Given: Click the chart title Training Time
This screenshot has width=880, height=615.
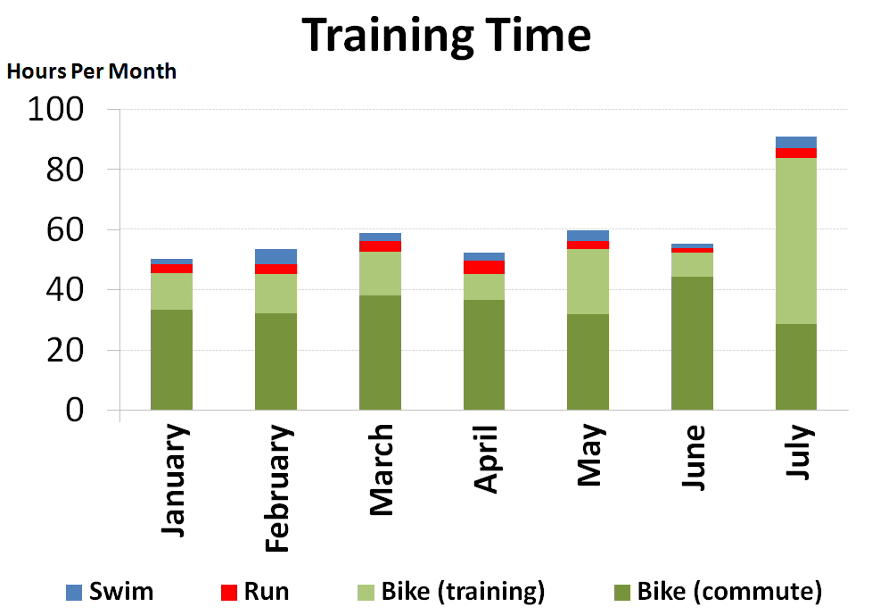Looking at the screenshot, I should [x=446, y=36].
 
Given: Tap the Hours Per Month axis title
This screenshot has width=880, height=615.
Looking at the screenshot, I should [x=92, y=71].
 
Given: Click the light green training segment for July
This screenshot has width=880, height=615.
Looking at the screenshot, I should [x=795, y=241].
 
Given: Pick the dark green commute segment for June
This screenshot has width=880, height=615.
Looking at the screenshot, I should [x=692, y=344].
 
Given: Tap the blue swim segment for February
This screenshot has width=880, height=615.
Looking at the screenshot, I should [x=276, y=256].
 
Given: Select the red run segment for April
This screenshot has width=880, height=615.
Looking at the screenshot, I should [x=483, y=267].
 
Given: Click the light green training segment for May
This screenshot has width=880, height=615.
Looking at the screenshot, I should [x=588, y=281].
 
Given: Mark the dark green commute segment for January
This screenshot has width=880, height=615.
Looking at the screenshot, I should [x=171, y=360].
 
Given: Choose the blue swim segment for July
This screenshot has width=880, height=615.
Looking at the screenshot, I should [x=795, y=142].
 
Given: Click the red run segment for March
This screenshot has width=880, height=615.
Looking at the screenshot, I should [x=380, y=246].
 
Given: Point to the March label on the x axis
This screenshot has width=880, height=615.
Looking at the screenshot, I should [x=381, y=470].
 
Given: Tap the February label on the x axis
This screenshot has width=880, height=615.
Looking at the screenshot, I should [x=277, y=488].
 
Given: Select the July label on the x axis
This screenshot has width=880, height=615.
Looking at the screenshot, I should [x=799, y=453].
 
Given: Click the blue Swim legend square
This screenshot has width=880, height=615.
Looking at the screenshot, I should [x=75, y=592].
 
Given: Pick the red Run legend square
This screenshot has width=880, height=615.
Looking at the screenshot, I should [x=229, y=592].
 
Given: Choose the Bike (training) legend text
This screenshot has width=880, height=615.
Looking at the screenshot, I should [x=463, y=591].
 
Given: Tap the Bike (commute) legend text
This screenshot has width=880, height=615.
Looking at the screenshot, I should [x=729, y=591].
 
